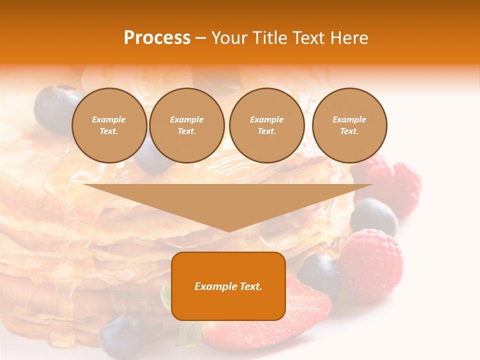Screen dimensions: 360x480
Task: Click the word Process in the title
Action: click(157, 38)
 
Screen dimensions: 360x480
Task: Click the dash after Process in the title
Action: click(200, 38)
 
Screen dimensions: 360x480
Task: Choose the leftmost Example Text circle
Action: click(109, 125)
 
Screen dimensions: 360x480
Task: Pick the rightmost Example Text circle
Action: click(349, 125)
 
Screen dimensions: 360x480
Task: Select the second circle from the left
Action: click(186, 125)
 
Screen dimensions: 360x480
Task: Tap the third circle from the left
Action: click(266, 125)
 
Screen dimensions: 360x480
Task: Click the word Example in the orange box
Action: click(215, 286)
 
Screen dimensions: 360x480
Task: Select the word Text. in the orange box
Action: click(249, 286)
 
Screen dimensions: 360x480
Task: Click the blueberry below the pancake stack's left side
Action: click(122, 336)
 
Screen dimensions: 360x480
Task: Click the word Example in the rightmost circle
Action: click(349, 119)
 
